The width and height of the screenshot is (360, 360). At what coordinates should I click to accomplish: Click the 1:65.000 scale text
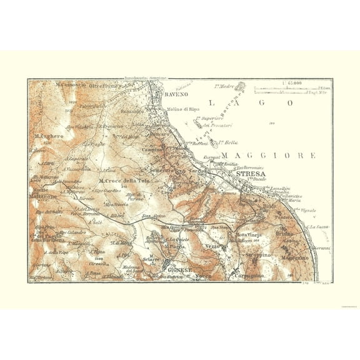click(291, 82)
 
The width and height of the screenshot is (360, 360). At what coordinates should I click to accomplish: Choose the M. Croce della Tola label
click(124, 181)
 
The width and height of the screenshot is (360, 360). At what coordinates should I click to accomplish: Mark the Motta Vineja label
click(246, 235)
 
